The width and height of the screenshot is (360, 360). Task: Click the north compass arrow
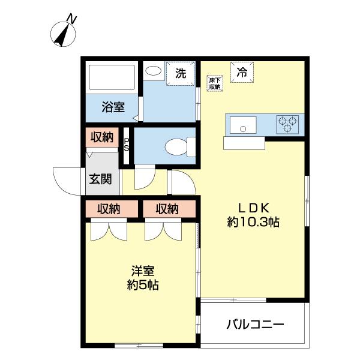(x=62, y=34)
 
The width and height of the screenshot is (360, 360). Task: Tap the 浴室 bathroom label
(x=113, y=108)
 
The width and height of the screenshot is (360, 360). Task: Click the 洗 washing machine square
(x=181, y=74)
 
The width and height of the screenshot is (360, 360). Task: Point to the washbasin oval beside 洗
(x=154, y=71)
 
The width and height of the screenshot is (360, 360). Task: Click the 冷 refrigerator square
(x=242, y=74)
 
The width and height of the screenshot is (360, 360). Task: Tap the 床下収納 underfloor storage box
(x=215, y=83)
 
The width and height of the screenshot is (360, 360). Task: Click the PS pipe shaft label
(x=127, y=145)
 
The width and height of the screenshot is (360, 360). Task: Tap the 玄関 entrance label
(x=100, y=179)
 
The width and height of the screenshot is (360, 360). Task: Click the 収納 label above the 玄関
(x=102, y=137)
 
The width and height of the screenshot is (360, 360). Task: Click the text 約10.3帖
(x=254, y=222)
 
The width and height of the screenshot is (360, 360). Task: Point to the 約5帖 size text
(x=143, y=286)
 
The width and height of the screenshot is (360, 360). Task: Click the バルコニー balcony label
(x=255, y=326)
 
